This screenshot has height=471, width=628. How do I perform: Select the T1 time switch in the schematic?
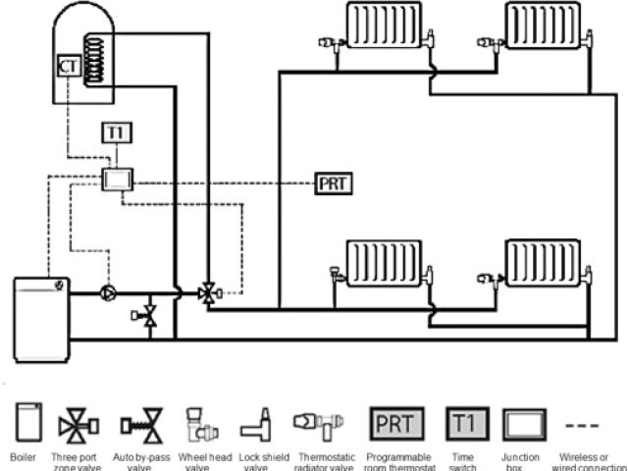[116, 132]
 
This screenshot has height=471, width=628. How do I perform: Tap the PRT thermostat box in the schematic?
[334, 183]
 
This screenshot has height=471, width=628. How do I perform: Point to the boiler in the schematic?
[40, 310]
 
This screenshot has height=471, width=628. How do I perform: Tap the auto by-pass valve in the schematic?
[147, 315]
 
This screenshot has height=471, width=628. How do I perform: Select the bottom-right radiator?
[543, 264]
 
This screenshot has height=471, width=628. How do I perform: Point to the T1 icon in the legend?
[461, 425]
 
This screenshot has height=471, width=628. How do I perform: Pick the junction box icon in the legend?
[520, 425]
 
